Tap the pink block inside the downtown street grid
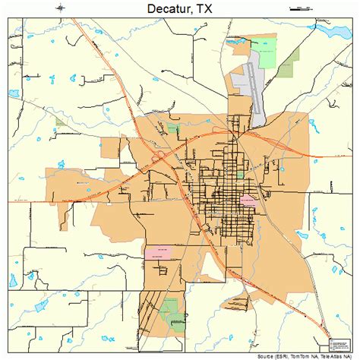click(248, 200)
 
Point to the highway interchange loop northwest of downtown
click(161, 156)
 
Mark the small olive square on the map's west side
click(60, 121)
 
